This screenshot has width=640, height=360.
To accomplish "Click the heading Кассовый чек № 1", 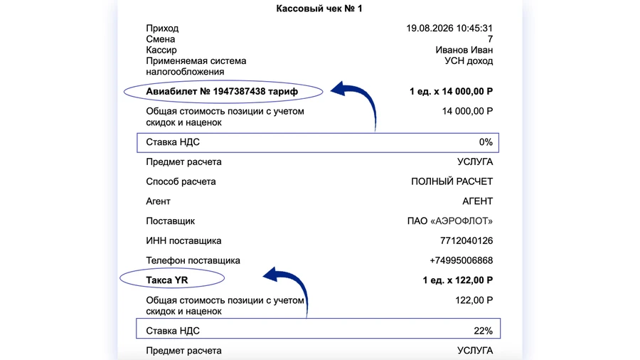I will click(x=319, y=9).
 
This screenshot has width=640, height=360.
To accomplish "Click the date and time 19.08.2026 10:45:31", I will click(x=449, y=28).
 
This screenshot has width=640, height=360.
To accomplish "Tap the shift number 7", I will click(x=490, y=39).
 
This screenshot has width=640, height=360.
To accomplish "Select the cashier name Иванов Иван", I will click(x=464, y=51).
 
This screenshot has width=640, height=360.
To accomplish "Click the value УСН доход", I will click(x=469, y=61).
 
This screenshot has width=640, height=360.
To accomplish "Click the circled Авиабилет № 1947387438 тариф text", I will click(x=222, y=92).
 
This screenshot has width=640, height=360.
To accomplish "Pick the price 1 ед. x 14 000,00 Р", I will click(x=451, y=92).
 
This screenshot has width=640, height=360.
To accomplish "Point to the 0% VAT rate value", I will click(x=485, y=142).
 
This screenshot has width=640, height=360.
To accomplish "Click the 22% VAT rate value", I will click(x=483, y=331).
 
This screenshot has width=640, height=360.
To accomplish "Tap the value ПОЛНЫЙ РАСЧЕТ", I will click(x=452, y=181).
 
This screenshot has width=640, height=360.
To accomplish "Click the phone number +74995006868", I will click(x=461, y=260).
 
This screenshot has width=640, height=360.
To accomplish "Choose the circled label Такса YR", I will click(x=167, y=280).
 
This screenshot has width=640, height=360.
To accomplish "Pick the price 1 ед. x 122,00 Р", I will click(x=457, y=280).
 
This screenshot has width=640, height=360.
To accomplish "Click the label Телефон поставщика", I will click(x=193, y=260).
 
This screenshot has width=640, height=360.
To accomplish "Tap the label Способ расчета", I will click(x=181, y=181).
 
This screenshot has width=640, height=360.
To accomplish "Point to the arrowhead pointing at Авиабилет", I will click(x=341, y=90).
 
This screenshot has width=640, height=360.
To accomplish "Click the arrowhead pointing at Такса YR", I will click(x=271, y=275).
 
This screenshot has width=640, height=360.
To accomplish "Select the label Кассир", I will click(x=161, y=51).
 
